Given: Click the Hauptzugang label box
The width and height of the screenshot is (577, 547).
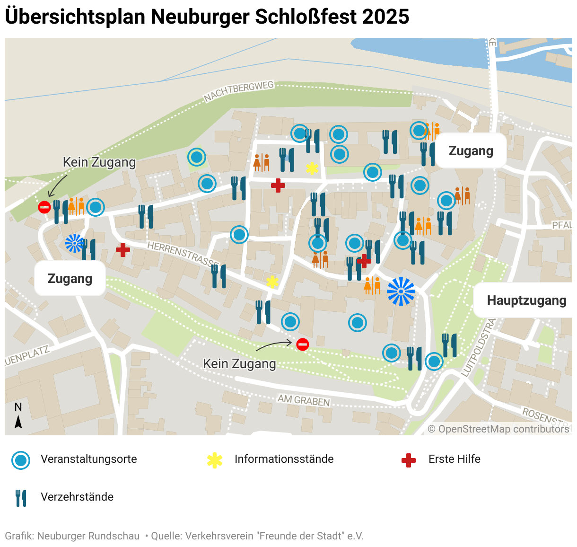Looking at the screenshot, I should click(526, 300).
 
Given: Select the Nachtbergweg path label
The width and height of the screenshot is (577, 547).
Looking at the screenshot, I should click(239, 91).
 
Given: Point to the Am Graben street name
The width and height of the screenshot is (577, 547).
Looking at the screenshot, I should click(304, 400).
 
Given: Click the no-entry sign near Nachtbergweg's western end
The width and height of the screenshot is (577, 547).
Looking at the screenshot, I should click(44, 207).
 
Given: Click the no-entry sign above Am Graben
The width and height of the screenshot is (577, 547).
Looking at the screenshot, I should click(303, 344).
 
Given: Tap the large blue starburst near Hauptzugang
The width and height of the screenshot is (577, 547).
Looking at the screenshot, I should click(401, 291).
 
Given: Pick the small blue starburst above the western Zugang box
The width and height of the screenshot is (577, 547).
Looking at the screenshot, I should click(74, 243).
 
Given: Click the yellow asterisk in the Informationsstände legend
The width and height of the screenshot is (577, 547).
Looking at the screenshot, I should click(215, 460).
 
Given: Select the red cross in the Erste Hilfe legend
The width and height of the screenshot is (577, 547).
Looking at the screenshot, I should click(408, 460).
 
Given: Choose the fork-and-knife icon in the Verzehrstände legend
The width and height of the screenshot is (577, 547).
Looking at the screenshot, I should click(21, 498).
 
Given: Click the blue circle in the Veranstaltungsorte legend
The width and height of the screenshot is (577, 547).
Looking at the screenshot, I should click(21, 460).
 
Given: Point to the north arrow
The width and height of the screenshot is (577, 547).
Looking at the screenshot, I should click(18, 421).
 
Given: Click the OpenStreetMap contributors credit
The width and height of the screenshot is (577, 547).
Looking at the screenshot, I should click(498, 429).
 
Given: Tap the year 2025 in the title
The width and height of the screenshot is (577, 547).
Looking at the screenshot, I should click(386, 17).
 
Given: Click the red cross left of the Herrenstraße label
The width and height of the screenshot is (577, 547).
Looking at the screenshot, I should click(123, 249).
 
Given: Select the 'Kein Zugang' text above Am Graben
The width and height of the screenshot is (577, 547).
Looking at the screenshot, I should click(239, 363).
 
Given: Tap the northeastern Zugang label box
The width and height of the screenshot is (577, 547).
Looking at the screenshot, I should click(471, 151).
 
